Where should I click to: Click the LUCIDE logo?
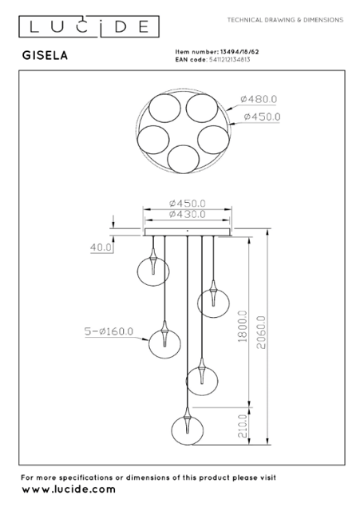tap(89, 26)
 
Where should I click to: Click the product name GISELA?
tap(45, 55)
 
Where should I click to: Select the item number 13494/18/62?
tap(239, 52)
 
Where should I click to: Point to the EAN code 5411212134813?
tap(229, 60)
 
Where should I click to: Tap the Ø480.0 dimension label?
tap(259, 99)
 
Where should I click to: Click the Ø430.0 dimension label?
tap(188, 214)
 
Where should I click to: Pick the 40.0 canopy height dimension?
tap(101, 248)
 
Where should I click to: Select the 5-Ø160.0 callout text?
tap(109, 331)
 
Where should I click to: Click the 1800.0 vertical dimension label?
tap(243, 326)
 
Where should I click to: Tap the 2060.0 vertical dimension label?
tap(261, 332)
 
